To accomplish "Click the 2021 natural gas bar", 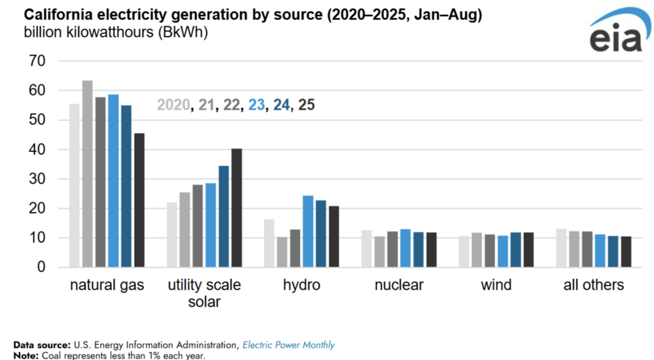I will pos(87,174).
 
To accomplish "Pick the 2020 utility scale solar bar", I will pos(172,235).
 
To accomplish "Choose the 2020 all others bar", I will pos(561,248).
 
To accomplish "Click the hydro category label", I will pos(301,285).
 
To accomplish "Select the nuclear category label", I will pos(399,285).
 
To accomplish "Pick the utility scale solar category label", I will pos(204,292).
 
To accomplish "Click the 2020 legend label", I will pos(173,105).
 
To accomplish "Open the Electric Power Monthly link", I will pos(288,345).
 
